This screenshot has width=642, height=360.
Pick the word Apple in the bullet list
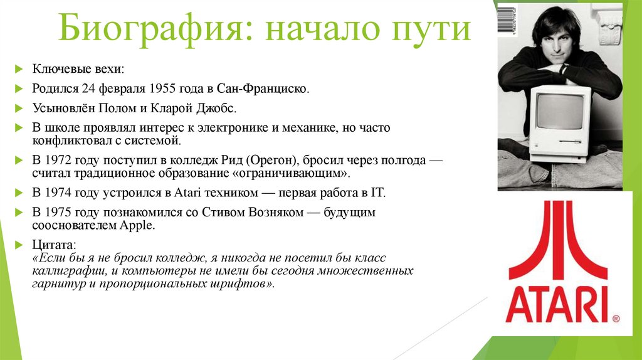tap(140, 225)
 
